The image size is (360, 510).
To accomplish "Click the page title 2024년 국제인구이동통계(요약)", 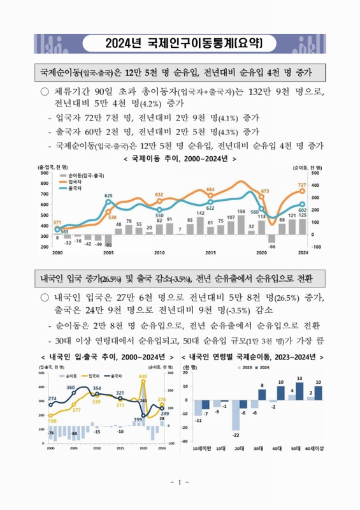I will point(180,44).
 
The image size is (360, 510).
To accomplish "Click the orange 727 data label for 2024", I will point(302,185).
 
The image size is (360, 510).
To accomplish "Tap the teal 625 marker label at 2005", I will point(108,196).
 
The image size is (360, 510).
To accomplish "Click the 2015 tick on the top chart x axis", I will point(210,253).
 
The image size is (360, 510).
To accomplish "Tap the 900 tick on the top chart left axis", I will point(46,173).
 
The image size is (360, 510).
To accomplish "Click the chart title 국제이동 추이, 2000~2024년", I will point(180,159).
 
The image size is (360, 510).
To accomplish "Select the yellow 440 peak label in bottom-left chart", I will point(143,377).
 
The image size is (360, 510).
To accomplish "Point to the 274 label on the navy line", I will point(52,399).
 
